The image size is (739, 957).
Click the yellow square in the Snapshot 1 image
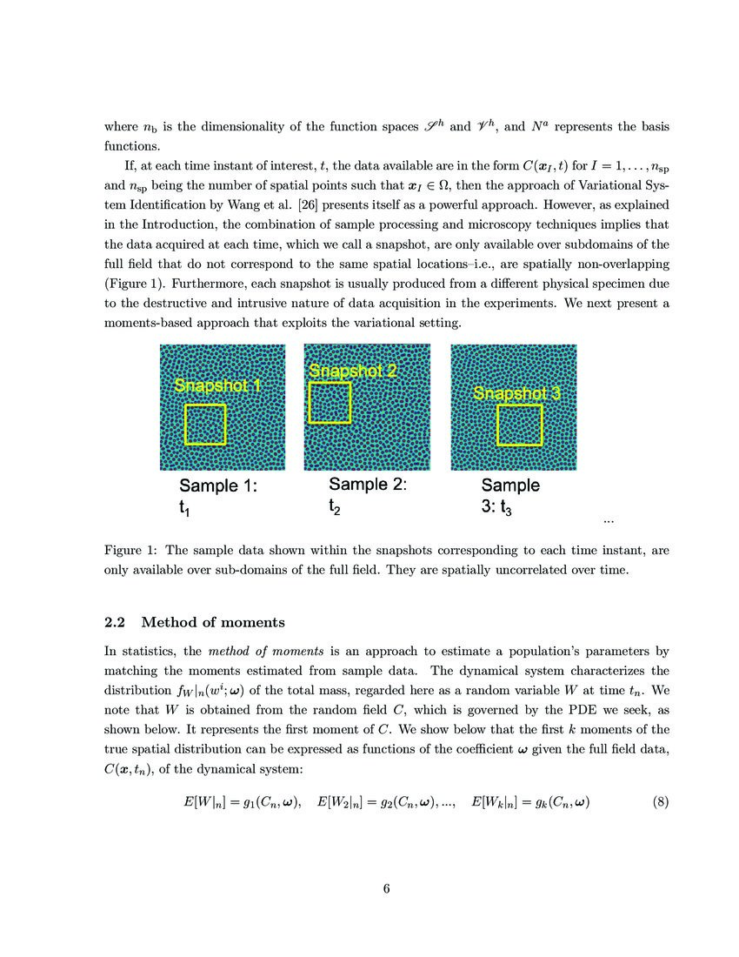[205, 424]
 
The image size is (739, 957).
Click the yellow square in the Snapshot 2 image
[330, 402]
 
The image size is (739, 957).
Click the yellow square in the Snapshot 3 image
[519, 425]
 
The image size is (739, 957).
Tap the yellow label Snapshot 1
[216, 385]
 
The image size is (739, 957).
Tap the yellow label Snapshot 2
[353, 371]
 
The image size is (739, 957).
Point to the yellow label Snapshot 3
[516, 394]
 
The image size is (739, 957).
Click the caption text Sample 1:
[217, 486]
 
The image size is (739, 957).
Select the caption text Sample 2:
[367, 484]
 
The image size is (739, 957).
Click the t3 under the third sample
[504, 509]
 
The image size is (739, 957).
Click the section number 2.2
[116, 622]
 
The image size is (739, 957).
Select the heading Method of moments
[212, 622]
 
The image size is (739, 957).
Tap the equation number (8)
[660, 802]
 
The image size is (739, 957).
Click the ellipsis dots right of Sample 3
[608, 521]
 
